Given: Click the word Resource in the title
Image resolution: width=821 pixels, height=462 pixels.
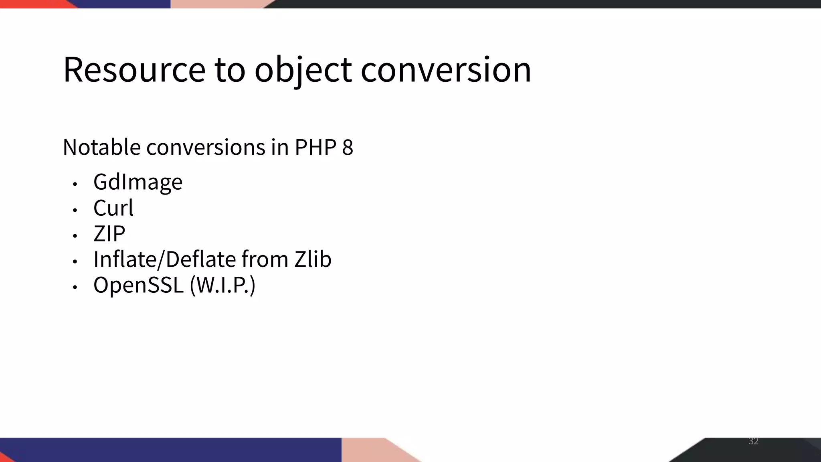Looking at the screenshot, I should pyautogui.click(x=134, y=70).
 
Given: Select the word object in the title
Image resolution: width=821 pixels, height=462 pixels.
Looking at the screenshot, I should pyautogui.click(x=303, y=70).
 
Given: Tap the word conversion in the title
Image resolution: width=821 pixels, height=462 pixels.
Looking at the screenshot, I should pyautogui.click(x=446, y=70).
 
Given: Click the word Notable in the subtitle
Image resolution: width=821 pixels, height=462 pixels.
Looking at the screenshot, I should pyautogui.click(x=102, y=147).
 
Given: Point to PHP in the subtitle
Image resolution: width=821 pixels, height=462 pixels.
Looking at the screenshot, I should pyautogui.click(x=315, y=147).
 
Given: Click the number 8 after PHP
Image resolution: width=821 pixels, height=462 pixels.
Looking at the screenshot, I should pyautogui.click(x=348, y=147).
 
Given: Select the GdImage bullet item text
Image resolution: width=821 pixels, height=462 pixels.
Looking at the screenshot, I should pyautogui.click(x=138, y=182).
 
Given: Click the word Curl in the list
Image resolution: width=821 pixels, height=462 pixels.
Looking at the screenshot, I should pyautogui.click(x=113, y=208).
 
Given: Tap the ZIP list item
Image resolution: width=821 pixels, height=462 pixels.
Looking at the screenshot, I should pyautogui.click(x=109, y=233).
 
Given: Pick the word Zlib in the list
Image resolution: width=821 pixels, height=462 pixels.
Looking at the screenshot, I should pyautogui.click(x=313, y=259).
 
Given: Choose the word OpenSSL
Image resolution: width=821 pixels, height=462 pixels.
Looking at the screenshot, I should pyautogui.click(x=138, y=285).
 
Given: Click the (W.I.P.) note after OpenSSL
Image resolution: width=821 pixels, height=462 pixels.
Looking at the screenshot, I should pyautogui.click(x=222, y=285).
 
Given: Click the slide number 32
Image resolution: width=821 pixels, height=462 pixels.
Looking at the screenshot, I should pyautogui.click(x=753, y=441).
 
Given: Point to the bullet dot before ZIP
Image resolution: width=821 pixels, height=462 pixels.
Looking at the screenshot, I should pyautogui.click(x=75, y=236).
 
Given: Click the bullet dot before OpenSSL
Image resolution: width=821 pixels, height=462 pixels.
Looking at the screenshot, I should pyautogui.click(x=75, y=287).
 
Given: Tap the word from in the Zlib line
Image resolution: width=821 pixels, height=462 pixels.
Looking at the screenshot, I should pyautogui.click(x=265, y=259).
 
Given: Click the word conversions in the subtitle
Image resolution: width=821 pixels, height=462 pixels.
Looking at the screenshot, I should pyautogui.click(x=206, y=147).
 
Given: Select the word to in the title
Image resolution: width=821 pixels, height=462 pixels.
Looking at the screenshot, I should pyautogui.click(x=230, y=70).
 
